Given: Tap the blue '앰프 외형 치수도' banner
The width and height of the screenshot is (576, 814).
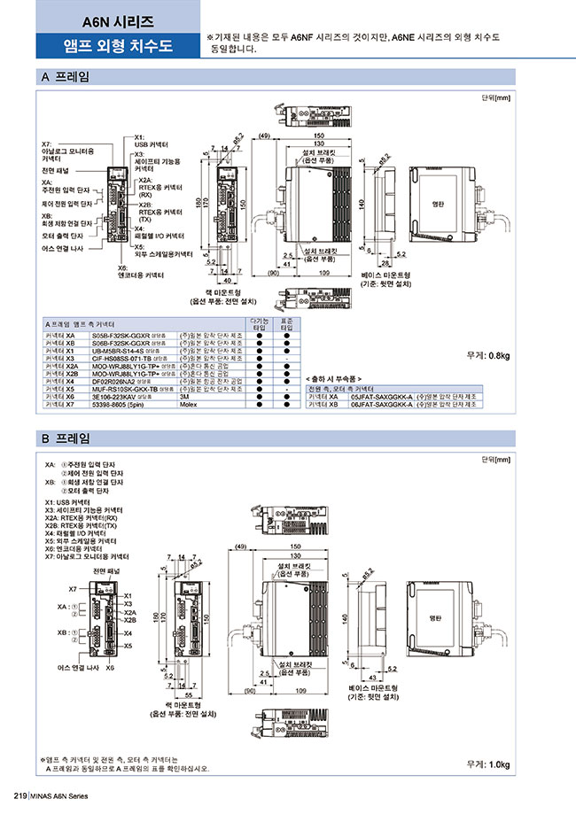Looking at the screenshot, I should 119,45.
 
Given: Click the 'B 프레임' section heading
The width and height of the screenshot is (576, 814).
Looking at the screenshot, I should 66,438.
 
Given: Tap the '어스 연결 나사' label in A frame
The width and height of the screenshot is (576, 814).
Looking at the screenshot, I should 64,250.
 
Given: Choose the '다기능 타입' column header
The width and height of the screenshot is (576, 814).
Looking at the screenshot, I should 260,324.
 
